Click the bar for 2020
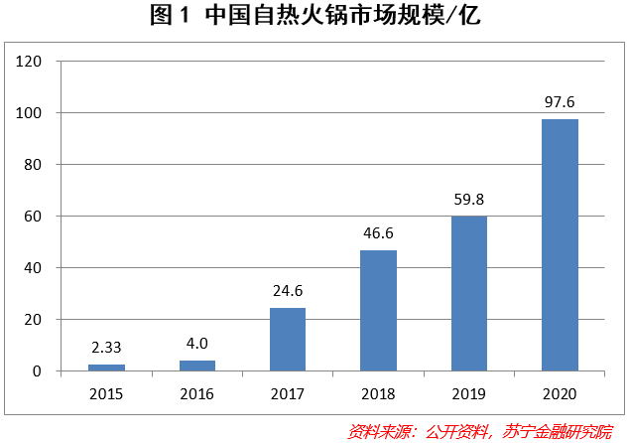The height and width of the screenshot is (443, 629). (560, 244)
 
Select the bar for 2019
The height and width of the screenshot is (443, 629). (469, 293)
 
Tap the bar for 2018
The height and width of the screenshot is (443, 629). (378, 310)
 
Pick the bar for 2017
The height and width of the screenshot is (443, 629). (288, 339)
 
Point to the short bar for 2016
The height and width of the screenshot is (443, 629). (197, 366)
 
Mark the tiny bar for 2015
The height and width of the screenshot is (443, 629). (106, 368)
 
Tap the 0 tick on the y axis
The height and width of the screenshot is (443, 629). (39, 371)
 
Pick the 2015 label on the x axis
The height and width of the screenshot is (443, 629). (106, 393)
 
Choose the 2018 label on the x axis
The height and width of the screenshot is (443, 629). (378, 393)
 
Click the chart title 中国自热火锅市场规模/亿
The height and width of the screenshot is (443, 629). (314, 17)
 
